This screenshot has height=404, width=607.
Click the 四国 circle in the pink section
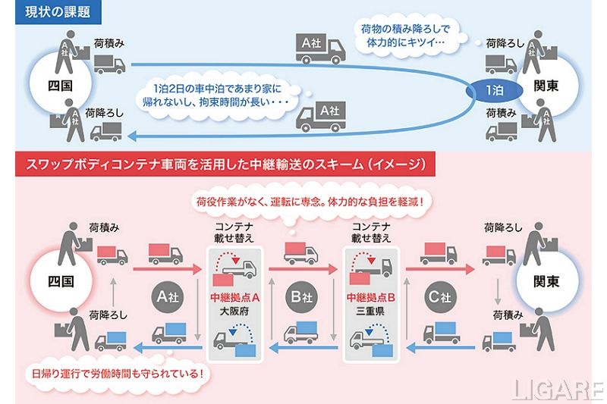[x=58, y=282]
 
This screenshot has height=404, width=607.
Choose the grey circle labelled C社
[x=439, y=293]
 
